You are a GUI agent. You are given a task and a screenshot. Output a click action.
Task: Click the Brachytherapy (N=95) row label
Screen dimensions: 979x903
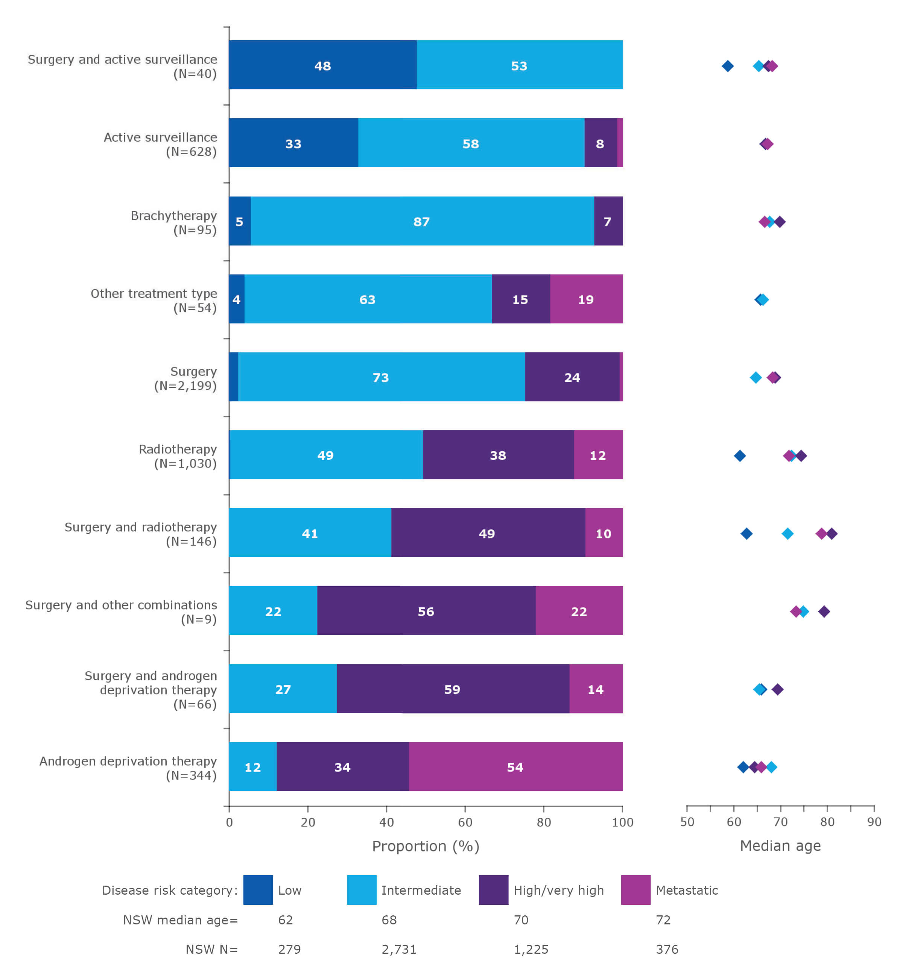(x=174, y=222)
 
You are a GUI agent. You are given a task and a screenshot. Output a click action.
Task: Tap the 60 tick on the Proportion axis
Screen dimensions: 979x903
(x=465, y=822)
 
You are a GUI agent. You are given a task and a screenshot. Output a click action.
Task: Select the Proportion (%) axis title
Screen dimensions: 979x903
(x=426, y=846)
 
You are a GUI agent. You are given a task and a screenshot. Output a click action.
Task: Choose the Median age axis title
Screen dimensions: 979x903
(x=780, y=846)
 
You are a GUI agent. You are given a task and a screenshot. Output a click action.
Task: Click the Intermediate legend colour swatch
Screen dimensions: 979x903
(x=362, y=890)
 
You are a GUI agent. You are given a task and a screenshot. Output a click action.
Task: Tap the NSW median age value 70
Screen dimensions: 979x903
(x=521, y=920)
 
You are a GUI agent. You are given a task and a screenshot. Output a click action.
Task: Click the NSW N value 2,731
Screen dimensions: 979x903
(x=399, y=950)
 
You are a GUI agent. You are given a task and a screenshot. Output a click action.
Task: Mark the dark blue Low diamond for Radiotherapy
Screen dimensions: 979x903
(x=740, y=456)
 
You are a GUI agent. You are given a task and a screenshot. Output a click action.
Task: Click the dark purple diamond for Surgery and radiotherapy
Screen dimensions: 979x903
(x=832, y=534)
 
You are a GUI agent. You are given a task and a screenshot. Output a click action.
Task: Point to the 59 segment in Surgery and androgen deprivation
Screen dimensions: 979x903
(x=452, y=689)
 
